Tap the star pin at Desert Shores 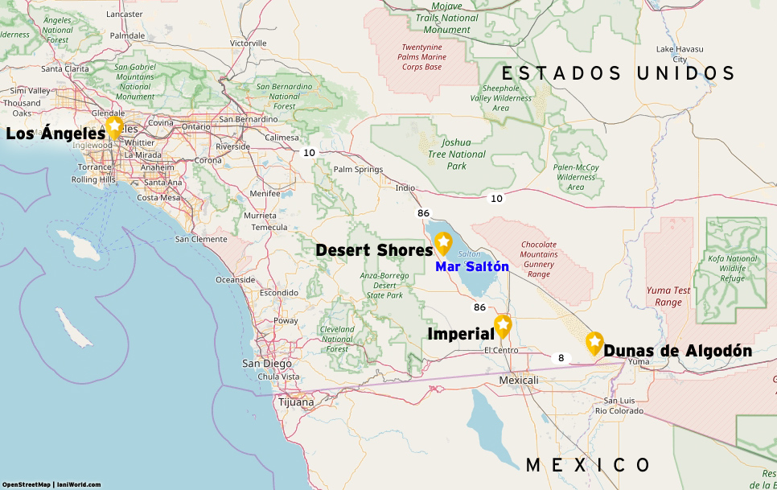[x=443, y=243]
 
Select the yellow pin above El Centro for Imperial [x=503, y=325]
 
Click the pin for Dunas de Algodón [x=594, y=343]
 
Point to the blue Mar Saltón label [x=472, y=266]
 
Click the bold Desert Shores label [x=374, y=250]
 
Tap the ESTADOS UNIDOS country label [x=624, y=74]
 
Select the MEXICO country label [x=588, y=465]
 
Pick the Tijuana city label [x=296, y=401]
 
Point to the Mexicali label [x=518, y=380]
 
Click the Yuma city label [x=637, y=361]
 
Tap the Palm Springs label [x=358, y=170]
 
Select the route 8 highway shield [x=561, y=357]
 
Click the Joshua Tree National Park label [x=456, y=154]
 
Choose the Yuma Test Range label [x=668, y=296]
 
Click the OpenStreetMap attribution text [x=27, y=484]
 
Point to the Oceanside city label [x=235, y=280]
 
